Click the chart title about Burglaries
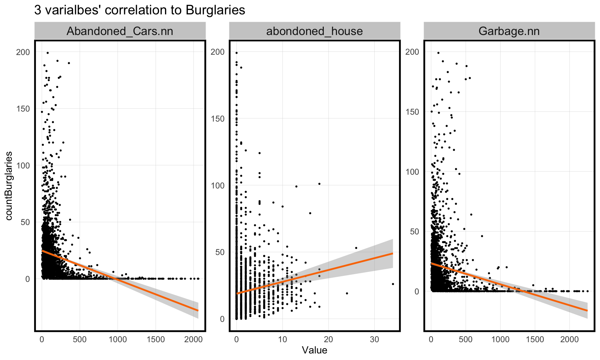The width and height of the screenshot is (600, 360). click(x=139, y=10)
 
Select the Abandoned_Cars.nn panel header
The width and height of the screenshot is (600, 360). click(x=120, y=31)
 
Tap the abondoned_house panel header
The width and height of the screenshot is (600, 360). click(x=314, y=31)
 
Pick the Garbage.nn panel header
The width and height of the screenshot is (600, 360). click(x=509, y=31)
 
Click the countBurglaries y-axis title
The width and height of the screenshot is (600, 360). click(x=9, y=186)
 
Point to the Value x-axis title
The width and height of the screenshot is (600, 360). click(x=314, y=350)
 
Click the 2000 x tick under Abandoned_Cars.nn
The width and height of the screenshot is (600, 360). click(x=193, y=339)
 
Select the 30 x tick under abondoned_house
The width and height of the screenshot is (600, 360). click(x=374, y=339)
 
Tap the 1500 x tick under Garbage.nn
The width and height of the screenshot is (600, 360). click(x=535, y=339)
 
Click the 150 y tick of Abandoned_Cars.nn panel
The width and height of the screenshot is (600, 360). click(x=23, y=109)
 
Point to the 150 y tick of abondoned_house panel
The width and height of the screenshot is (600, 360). click(x=217, y=119)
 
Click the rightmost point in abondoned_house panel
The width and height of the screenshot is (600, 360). click(x=393, y=284)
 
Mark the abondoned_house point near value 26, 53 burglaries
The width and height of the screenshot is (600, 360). click(x=356, y=248)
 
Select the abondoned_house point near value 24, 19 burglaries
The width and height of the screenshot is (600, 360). click(x=347, y=293)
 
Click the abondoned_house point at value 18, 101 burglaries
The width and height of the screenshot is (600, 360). click(x=319, y=184)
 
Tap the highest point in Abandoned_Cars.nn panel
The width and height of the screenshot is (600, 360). click(x=47, y=53)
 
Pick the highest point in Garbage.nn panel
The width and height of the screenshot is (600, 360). click(x=438, y=53)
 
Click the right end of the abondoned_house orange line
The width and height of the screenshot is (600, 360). click(x=392, y=253)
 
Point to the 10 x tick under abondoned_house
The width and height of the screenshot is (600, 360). click(x=282, y=339)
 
